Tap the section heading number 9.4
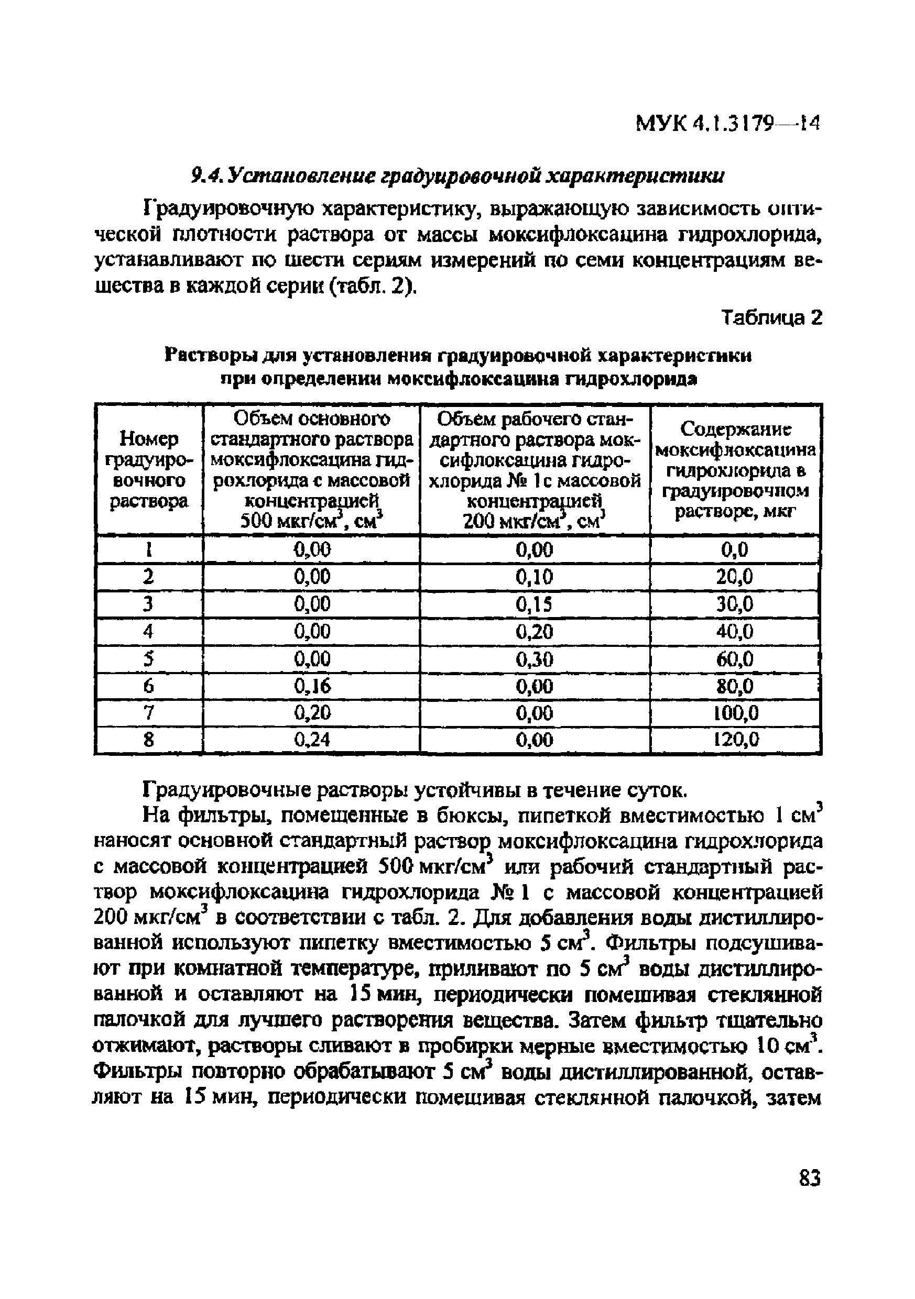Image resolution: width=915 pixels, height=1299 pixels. (x=202, y=177)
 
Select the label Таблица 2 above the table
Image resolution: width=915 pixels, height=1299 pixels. (x=772, y=318)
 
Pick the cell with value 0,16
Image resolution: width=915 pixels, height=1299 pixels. (x=312, y=686)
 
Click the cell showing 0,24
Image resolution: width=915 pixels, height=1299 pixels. (x=312, y=740)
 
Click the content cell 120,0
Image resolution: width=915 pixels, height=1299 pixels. (x=735, y=740)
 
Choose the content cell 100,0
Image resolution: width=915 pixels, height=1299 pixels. (x=735, y=713)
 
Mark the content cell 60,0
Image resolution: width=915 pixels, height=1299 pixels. (x=735, y=659)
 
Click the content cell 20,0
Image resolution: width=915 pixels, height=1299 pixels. (x=735, y=577)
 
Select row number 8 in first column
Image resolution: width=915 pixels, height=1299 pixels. (x=148, y=740)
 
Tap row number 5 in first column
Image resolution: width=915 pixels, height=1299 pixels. (x=148, y=659)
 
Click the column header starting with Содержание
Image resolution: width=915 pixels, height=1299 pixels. (x=735, y=470)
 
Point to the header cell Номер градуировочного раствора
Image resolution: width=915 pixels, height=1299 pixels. (x=148, y=470)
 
